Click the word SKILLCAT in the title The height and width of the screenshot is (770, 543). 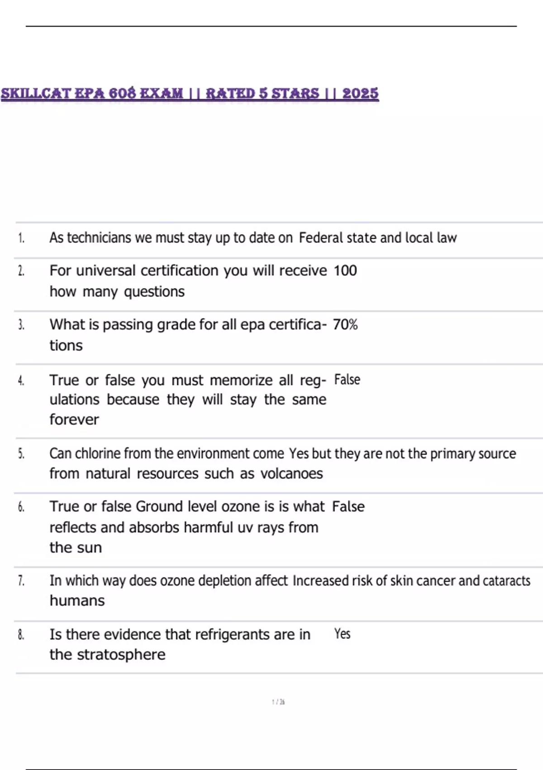coord(35,93)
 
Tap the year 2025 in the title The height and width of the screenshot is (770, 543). coord(360,93)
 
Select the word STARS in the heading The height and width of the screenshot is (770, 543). coord(295,93)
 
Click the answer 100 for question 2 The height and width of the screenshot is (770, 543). coord(345,270)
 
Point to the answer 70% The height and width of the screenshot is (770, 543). coord(345,324)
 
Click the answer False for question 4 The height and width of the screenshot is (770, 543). coord(347,380)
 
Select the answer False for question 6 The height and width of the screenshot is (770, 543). coord(348,506)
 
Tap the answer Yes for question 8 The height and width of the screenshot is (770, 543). coord(342,634)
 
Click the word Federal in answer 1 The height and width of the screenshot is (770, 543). coord(321,238)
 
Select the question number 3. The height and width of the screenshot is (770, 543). coord(21,325)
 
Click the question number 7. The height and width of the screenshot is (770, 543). coord(21,581)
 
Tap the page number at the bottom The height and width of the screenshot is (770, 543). coord(278,702)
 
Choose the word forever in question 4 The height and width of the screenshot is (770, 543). coord(74,419)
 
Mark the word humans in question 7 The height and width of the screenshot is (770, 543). coord(77,601)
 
